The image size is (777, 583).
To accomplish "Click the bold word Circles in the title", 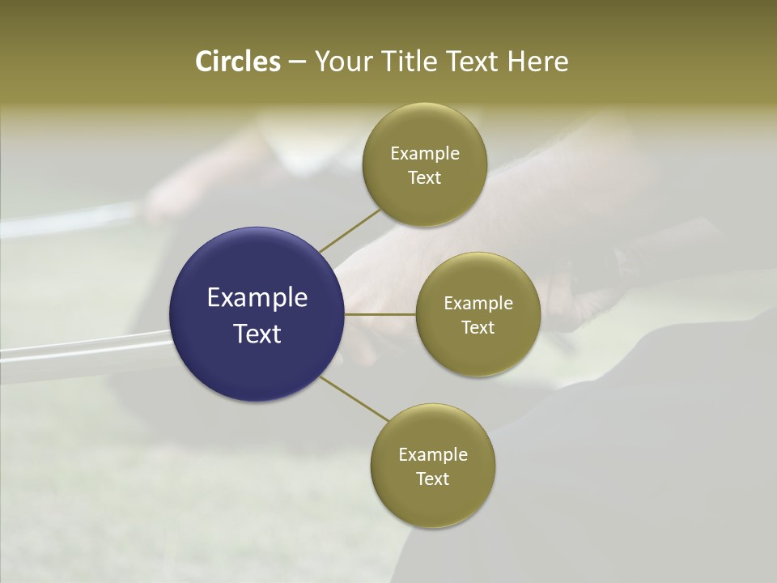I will [x=238, y=62].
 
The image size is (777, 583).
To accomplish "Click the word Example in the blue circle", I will [x=257, y=297].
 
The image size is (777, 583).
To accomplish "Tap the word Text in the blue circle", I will [x=257, y=334].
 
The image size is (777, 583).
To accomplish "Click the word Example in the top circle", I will [x=425, y=153].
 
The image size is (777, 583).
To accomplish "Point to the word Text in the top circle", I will [x=425, y=177].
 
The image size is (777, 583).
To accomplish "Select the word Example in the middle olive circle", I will [x=478, y=303].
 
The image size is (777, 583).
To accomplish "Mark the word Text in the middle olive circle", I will [x=478, y=327].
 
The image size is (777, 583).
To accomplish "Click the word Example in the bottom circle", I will [x=433, y=454].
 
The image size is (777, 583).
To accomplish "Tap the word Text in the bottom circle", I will [x=433, y=479].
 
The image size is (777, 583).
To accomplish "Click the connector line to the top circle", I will [x=350, y=231].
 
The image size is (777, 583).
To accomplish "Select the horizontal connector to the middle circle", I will [x=380, y=314].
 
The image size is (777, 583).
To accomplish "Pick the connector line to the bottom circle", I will [x=355, y=398].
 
